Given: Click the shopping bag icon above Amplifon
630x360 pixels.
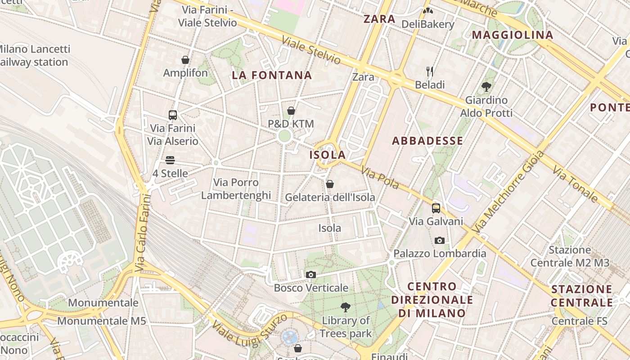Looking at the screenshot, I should [x=185, y=60].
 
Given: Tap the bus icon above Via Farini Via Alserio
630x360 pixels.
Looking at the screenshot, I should [x=173, y=115].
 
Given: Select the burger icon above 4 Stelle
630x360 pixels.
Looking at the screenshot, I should [x=170, y=160].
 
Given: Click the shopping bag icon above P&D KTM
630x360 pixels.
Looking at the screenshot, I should [x=291, y=111].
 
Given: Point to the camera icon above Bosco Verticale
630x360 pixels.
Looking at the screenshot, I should [x=310, y=274].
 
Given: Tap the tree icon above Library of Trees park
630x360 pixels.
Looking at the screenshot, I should [x=346, y=307].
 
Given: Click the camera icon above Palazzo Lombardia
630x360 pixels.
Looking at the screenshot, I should [x=440, y=240].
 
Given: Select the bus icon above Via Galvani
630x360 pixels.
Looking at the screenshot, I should [x=436, y=208].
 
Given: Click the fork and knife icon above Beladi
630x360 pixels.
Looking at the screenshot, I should [x=430, y=71].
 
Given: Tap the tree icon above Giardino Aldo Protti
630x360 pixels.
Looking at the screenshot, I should [x=486, y=86].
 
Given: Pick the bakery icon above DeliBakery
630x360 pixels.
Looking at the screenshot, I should [x=427, y=10].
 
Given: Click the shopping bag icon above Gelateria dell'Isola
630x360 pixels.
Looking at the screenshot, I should [x=330, y=184].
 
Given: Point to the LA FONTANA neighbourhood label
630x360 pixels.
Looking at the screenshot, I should [x=272, y=75].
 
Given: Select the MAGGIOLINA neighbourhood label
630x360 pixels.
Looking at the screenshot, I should [x=512, y=35].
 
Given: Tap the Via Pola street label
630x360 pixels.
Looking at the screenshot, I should [x=380, y=178].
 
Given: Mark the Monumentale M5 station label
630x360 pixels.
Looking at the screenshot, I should [x=101, y=321].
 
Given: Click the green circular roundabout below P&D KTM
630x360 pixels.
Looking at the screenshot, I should [x=284, y=136].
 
